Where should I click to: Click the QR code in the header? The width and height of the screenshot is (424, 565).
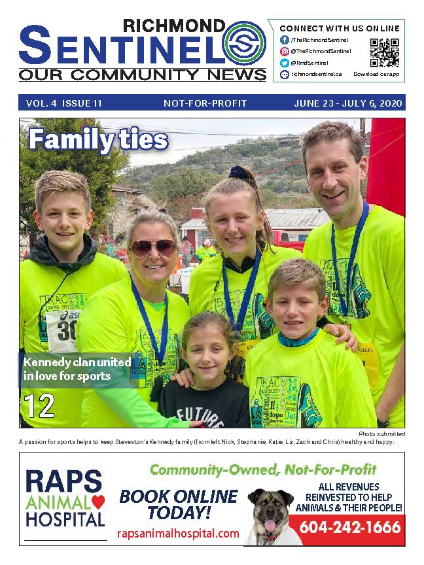[384, 53]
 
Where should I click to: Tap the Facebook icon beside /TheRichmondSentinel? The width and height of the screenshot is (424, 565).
[285, 40]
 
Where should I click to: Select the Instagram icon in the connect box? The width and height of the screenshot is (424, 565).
[285, 51]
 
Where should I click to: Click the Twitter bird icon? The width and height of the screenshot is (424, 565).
[285, 63]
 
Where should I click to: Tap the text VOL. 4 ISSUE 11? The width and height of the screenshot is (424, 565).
[64, 103]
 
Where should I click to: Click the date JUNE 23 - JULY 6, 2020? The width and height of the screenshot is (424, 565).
[347, 103]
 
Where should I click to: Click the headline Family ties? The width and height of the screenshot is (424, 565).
[98, 139]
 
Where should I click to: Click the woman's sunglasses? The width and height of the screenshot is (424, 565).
[152, 247]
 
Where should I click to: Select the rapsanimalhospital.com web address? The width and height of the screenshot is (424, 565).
[178, 534]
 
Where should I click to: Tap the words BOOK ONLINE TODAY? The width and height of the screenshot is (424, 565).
[178, 504]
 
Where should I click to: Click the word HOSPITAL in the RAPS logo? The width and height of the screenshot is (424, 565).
[66, 520]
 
